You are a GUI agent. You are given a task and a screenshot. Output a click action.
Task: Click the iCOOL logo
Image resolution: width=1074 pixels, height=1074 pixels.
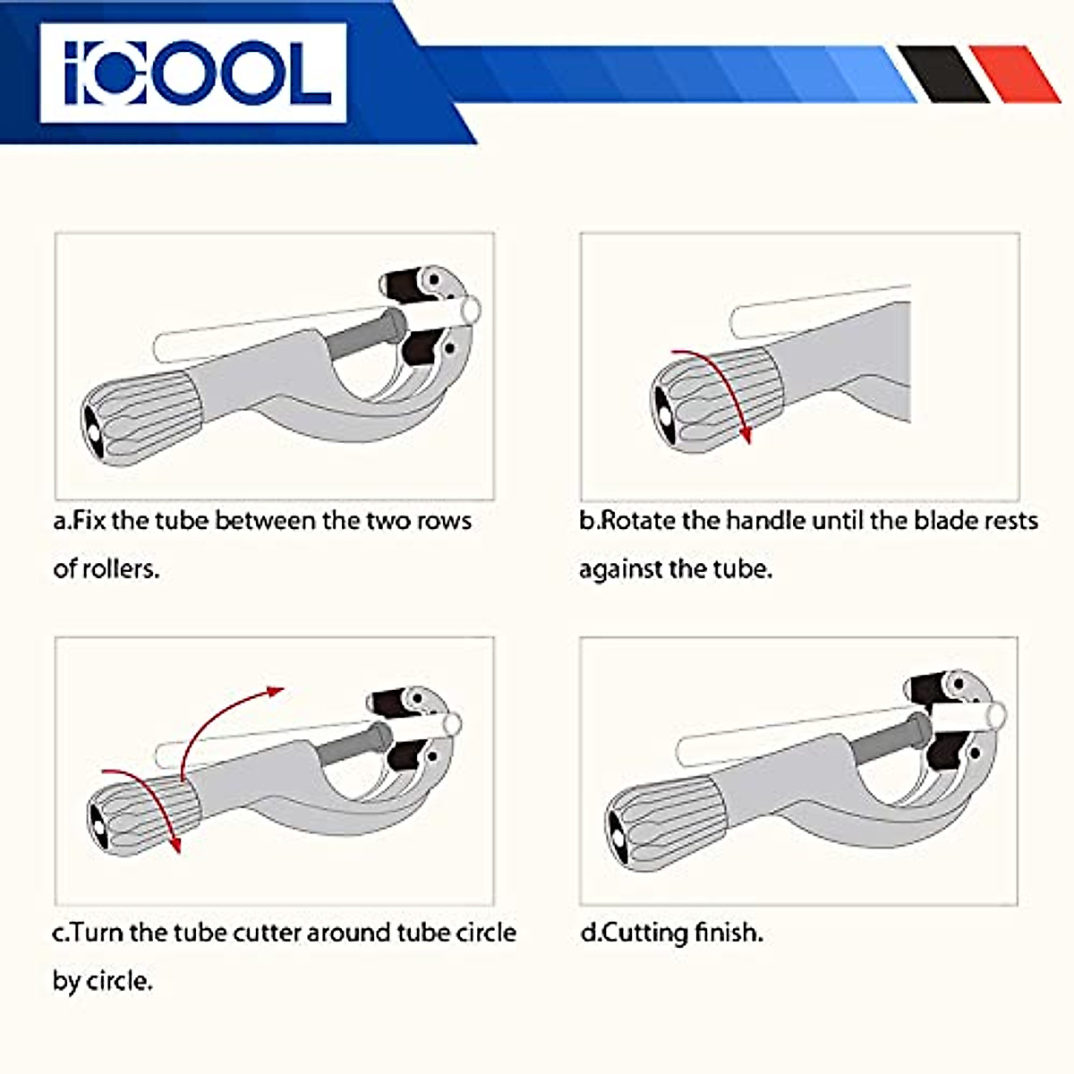(192, 72)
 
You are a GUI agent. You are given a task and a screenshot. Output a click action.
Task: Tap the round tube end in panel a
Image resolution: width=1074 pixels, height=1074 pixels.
(470, 311)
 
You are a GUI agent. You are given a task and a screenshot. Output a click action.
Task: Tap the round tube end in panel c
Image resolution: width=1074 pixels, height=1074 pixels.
(452, 723)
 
